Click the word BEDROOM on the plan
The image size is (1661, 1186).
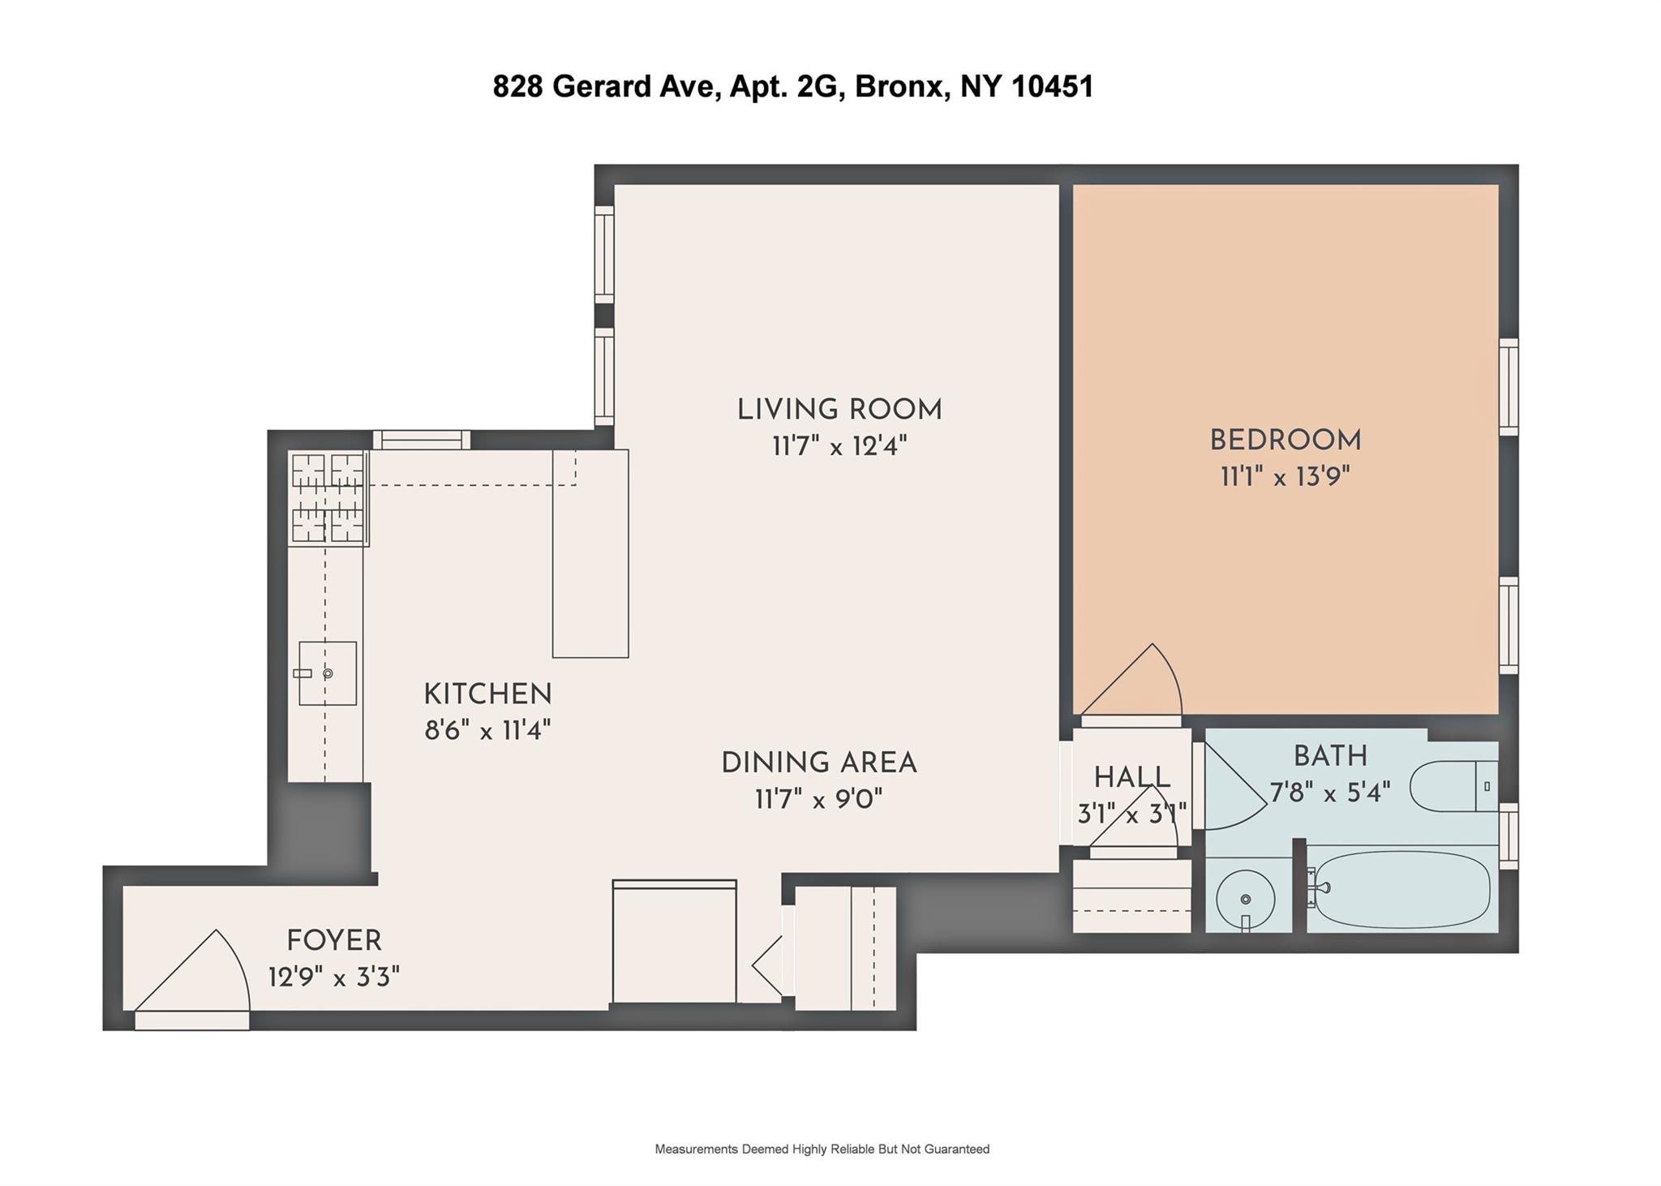[1285, 440]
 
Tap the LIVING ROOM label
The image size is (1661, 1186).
[839, 410]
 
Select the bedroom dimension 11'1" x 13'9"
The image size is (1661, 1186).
[1285, 476]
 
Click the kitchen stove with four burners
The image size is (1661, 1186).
[328, 497]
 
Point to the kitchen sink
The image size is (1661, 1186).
[328, 672]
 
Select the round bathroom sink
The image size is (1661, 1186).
[1245, 899]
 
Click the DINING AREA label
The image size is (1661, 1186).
[818, 763]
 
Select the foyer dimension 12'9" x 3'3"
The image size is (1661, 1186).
[334, 977]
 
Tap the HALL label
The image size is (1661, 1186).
[1131, 778]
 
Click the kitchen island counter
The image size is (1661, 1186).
[590, 553]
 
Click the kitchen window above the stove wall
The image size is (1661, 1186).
[421, 440]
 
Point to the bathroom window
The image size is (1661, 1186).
[1508, 836]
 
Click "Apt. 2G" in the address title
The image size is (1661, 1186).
[783, 86]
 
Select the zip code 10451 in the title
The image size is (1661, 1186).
[1053, 86]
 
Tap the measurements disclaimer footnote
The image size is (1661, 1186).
[822, 1149]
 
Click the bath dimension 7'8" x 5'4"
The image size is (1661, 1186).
[1329, 792]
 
